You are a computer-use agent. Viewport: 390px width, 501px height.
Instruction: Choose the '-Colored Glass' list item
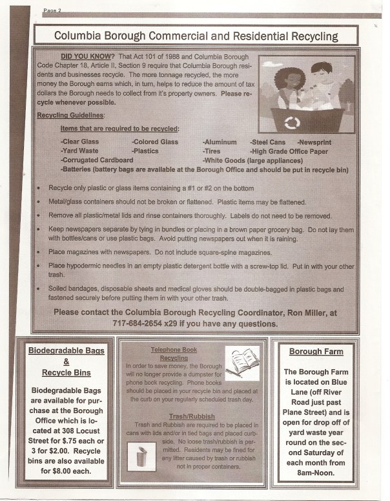(155, 142)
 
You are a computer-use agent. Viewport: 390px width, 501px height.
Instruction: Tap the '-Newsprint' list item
(316, 142)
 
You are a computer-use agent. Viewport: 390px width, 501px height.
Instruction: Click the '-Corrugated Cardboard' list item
(96, 160)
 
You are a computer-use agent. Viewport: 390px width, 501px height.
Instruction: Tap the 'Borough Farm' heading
(316, 352)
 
